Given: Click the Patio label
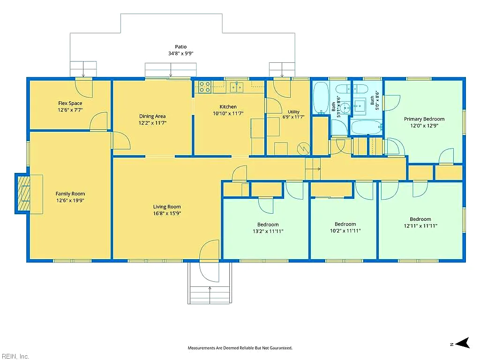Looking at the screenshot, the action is point(180,47).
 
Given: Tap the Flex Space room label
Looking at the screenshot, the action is point(70,103).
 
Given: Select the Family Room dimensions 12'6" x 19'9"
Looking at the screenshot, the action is point(70,201).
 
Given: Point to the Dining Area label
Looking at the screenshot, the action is point(152,116).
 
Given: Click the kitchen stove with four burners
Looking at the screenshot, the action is point(204,87).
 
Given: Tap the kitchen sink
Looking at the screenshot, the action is point(237,87).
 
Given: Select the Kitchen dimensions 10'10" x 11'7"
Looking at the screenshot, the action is point(228,113).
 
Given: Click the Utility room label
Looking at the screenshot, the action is point(293,112).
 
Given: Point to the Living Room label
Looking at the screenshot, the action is point(167,207).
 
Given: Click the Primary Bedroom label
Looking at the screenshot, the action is point(424,119).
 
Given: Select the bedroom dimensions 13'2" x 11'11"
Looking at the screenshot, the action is point(268,232).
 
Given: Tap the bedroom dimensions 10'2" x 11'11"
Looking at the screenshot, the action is point(345,231).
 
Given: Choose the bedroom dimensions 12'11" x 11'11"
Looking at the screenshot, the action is point(420,226).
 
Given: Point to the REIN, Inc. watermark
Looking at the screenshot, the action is point(15,356).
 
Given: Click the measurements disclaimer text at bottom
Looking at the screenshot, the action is point(240,348).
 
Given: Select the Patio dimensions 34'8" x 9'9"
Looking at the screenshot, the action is point(180,53).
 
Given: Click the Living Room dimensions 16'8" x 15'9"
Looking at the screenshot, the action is point(167,213).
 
